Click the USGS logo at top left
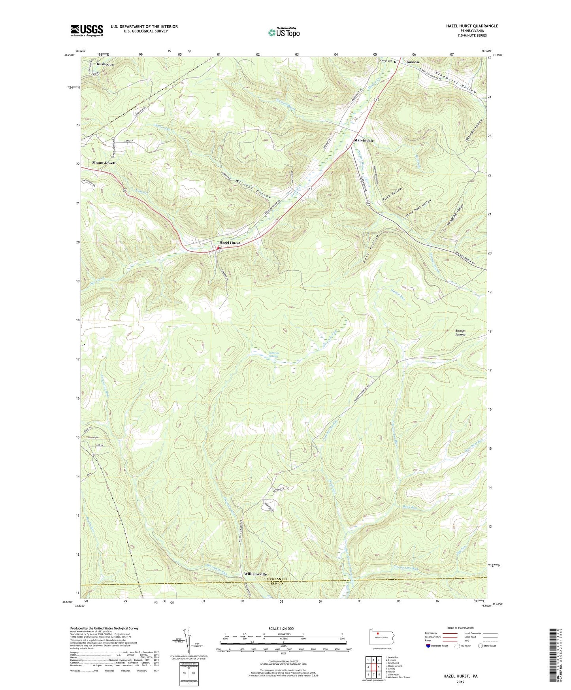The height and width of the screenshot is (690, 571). pos(87,30)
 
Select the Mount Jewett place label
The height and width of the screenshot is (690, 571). pos(104,163)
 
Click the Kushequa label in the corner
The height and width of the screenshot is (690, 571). pos(105,64)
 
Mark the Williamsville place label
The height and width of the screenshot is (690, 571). pos(255,574)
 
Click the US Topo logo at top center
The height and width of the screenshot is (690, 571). pos(283,32)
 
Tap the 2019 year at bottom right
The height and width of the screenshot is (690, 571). pos(460,682)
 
